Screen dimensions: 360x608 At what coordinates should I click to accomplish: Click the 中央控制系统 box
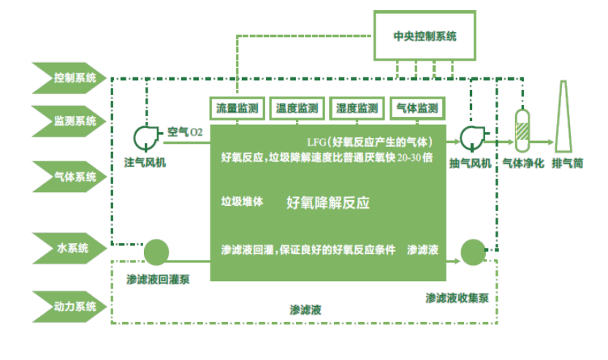[424, 35]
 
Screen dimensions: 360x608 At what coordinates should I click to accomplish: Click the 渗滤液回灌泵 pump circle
[155, 252]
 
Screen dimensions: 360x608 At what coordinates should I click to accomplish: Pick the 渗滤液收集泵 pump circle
[471, 253]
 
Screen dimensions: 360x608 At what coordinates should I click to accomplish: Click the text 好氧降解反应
[328, 203]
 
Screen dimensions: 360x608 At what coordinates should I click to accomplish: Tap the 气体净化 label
[522, 162]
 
